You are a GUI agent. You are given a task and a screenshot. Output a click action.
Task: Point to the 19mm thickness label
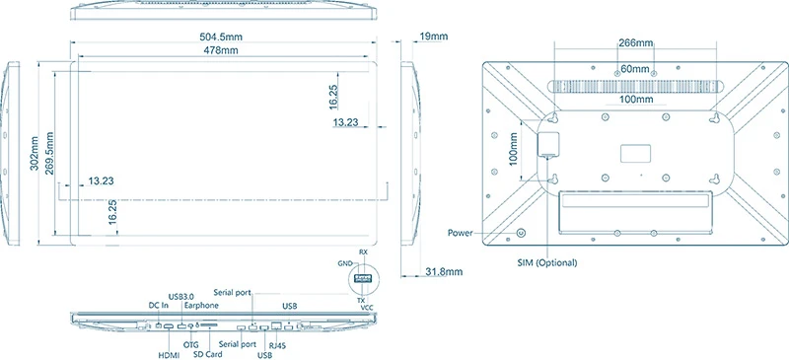coord(434,36)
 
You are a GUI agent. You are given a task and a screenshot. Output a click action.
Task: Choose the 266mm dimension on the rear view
coord(634,43)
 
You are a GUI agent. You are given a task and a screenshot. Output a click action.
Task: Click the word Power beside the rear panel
coord(462,233)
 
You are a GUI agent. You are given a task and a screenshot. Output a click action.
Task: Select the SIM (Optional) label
coord(547,263)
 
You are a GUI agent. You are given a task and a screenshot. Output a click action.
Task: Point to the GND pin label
coord(344,264)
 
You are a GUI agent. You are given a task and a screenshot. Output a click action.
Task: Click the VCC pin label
coord(368,307)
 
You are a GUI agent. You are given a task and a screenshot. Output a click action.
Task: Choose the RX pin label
coord(364,253)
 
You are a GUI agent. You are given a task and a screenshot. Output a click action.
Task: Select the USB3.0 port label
coord(183,295)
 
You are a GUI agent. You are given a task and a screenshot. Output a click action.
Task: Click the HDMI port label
coord(168,354)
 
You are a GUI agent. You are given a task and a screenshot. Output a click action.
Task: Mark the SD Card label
coord(207,354)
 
